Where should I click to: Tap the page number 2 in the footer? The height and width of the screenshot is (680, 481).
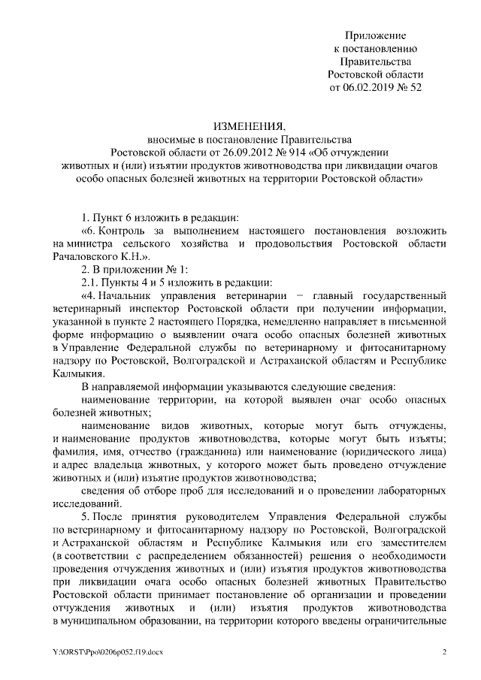445,651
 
